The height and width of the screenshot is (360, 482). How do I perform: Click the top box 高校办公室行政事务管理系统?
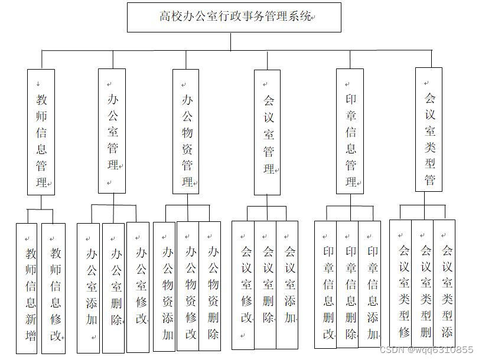234,17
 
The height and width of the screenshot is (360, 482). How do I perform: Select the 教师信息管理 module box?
41,132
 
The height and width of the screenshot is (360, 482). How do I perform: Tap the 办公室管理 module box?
112,131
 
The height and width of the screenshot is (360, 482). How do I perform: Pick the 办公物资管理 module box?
185,132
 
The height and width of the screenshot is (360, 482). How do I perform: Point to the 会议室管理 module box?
267,132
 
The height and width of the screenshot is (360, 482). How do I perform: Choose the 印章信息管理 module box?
350,131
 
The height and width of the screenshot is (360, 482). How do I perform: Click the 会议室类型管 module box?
429,129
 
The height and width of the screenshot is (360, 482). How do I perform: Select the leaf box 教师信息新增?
28,288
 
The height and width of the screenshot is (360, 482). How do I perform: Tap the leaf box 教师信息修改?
53,288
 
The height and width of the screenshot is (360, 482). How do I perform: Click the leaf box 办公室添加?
89,288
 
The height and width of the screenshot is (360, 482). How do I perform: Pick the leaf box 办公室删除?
113,288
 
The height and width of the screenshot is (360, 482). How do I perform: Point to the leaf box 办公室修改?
138,287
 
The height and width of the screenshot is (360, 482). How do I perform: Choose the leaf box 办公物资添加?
165,287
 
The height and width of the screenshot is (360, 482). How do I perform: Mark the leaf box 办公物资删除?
210,286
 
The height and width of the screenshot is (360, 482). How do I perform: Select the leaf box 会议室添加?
288,284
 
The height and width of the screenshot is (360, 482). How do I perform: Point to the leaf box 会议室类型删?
422,283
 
